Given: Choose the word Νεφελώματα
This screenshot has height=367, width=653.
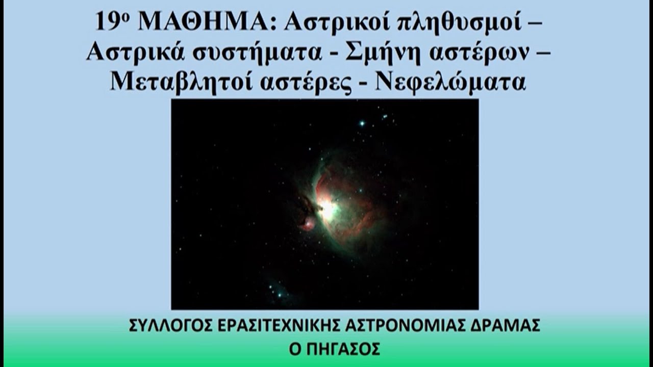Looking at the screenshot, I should [x=450, y=82].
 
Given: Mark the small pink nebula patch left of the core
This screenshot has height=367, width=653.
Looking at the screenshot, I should [x=307, y=223].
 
